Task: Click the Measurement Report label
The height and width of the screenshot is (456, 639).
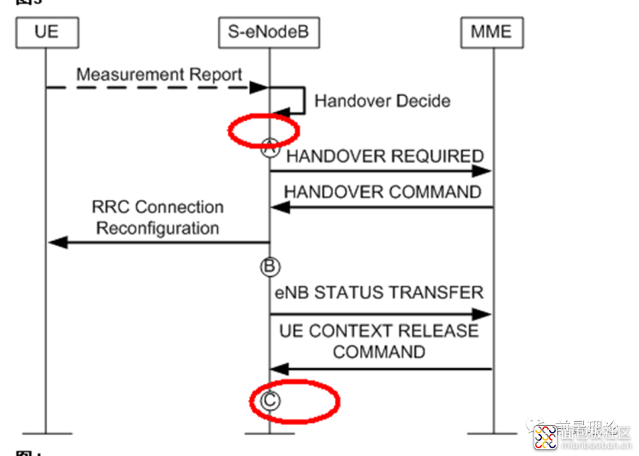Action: point(159,75)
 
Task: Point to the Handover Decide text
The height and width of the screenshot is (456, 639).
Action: point(382,101)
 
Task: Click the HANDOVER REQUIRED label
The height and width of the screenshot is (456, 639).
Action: point(385,156)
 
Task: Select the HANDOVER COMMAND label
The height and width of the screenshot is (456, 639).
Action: point(382,192)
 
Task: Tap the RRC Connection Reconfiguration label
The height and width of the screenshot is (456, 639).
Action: point(158,218)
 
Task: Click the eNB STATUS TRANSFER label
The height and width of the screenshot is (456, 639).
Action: point(379,292)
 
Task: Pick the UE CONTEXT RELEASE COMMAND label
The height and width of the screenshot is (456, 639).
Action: point(379,341)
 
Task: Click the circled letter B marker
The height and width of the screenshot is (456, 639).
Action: point(269,267)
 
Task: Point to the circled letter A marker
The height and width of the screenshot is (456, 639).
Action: point(270,148)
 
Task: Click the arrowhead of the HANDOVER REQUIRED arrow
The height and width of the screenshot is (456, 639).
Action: point(483,172)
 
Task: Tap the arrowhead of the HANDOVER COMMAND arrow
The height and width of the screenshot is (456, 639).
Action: point(280,207)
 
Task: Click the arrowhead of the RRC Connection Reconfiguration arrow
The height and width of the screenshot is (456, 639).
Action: point(57,242)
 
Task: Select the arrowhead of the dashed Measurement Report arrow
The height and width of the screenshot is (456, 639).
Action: point(259,88)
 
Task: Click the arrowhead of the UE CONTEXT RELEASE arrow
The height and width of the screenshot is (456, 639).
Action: point(280,370)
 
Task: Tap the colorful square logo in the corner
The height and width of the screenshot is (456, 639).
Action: point(545,437)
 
